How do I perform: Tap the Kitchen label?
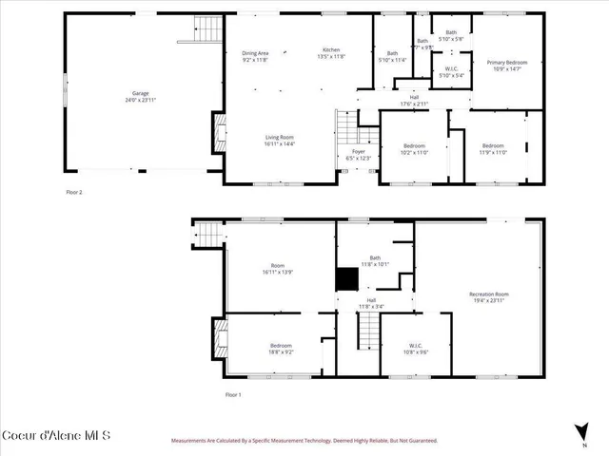pos(331,49)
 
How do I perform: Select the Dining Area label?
pos(255,53)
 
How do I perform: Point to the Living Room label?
pos(280,138)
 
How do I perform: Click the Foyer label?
pos(358,151)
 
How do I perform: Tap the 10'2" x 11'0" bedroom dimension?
pos(414,152)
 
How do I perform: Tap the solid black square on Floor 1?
pos(347,277)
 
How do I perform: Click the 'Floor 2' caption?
pos(73,192)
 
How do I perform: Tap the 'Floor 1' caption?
pos(233,394)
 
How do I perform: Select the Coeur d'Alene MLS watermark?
pos(56,437)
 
